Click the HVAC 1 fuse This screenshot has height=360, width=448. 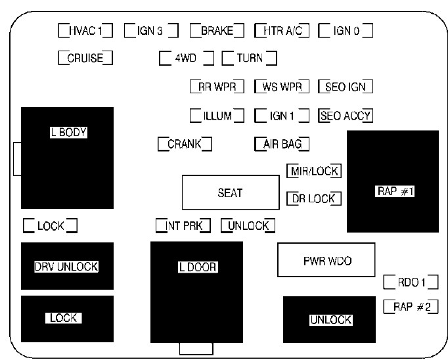pyautogui.click(x=85, y=30)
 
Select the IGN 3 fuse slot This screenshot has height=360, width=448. pyautogui.click(x=150, y=30)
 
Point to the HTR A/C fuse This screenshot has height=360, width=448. pyautogui.click(x=281, y=30)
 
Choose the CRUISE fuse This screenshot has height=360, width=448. pyautogui.click(x=85, y=58)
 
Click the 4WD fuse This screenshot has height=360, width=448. pyautogui.click(x=187, y=58)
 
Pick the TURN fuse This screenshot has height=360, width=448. pyautogui.click(x=249, y=58)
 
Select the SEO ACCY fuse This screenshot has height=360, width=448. pyautogui.click(x=346, y=116)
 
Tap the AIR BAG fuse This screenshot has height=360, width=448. pyautogui.click(x=281, y=144)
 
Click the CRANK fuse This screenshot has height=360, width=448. pyautogui.click(x=185, y=144)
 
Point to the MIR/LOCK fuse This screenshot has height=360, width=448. pyautogui.click(x=314, y=171)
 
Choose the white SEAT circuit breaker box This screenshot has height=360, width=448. pyautogui.click(x=230, y=192)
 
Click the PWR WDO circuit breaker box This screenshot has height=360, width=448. pyautogui.click(x=326, y=261)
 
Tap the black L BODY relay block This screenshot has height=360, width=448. pyautogui.click(x=68, y=158)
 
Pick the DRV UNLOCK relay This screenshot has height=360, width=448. pyautogui.click(x=66, y=266)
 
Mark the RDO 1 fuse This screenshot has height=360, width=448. pyautogui.click(x=411, y=282)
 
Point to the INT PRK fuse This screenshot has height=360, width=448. pyautogui.click(x=183, y=226)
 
